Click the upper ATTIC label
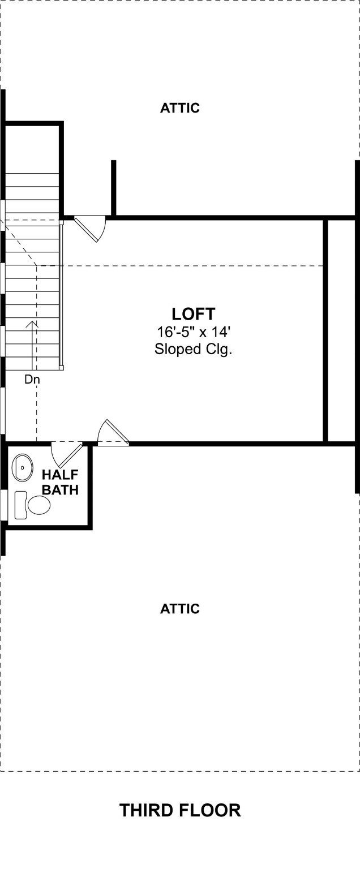(179, 108)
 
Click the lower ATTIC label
(179, 609)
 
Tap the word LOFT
(193, 314)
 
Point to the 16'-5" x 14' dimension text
(194, 332)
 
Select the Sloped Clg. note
(193, 349)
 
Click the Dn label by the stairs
(32, 380)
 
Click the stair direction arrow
(32, 345)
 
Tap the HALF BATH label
(60, 482)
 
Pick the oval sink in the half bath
(22, 467)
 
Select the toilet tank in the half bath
(20, 505)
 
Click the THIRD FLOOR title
(180, 810)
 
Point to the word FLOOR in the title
(211, 810)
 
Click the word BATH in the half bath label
(60, 489)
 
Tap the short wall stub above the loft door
(114, 188)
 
